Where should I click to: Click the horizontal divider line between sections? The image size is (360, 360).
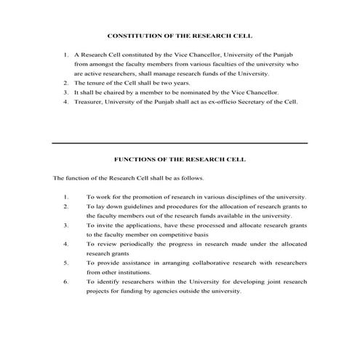180,143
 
